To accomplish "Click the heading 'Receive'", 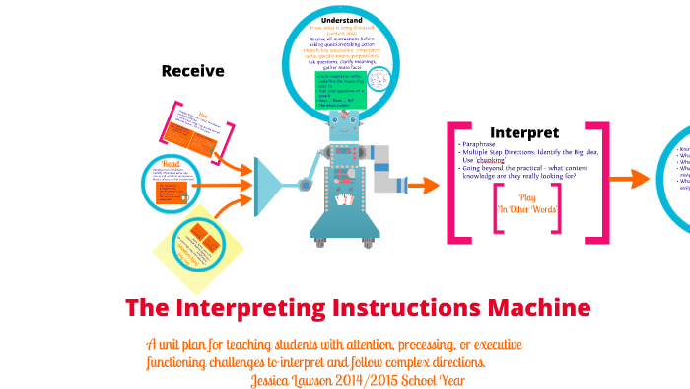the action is point(193,71).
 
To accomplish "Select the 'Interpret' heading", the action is point(524,132).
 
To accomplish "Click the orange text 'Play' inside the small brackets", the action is point(527,196).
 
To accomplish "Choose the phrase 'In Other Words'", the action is point(527,209).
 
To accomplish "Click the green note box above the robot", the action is point(341,90).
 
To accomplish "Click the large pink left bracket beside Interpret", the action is point(455,182).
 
